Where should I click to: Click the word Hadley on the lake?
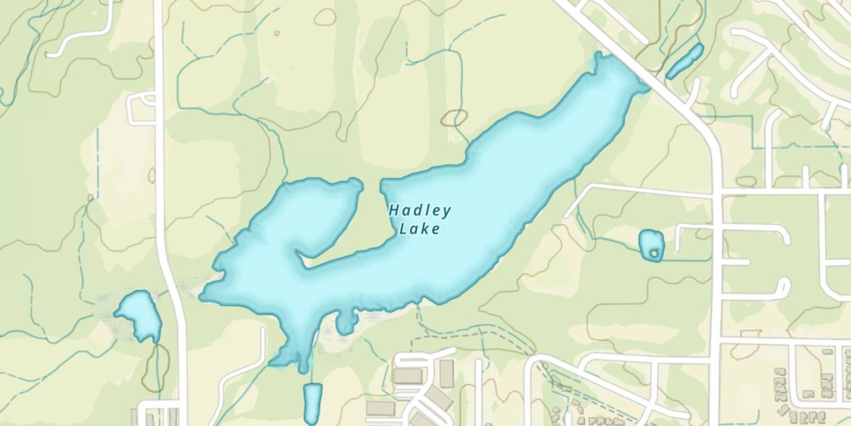point(420,211)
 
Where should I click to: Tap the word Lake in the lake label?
point(420,229)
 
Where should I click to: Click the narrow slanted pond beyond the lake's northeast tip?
point(685,61)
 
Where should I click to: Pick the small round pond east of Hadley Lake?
point(651,245)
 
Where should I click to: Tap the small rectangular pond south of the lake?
point(312,403)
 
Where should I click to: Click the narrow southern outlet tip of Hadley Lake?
point(304,366)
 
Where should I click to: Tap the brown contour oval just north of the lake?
point(454,118)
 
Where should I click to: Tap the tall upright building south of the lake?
point(446,374)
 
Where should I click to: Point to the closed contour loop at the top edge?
point(325,16)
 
